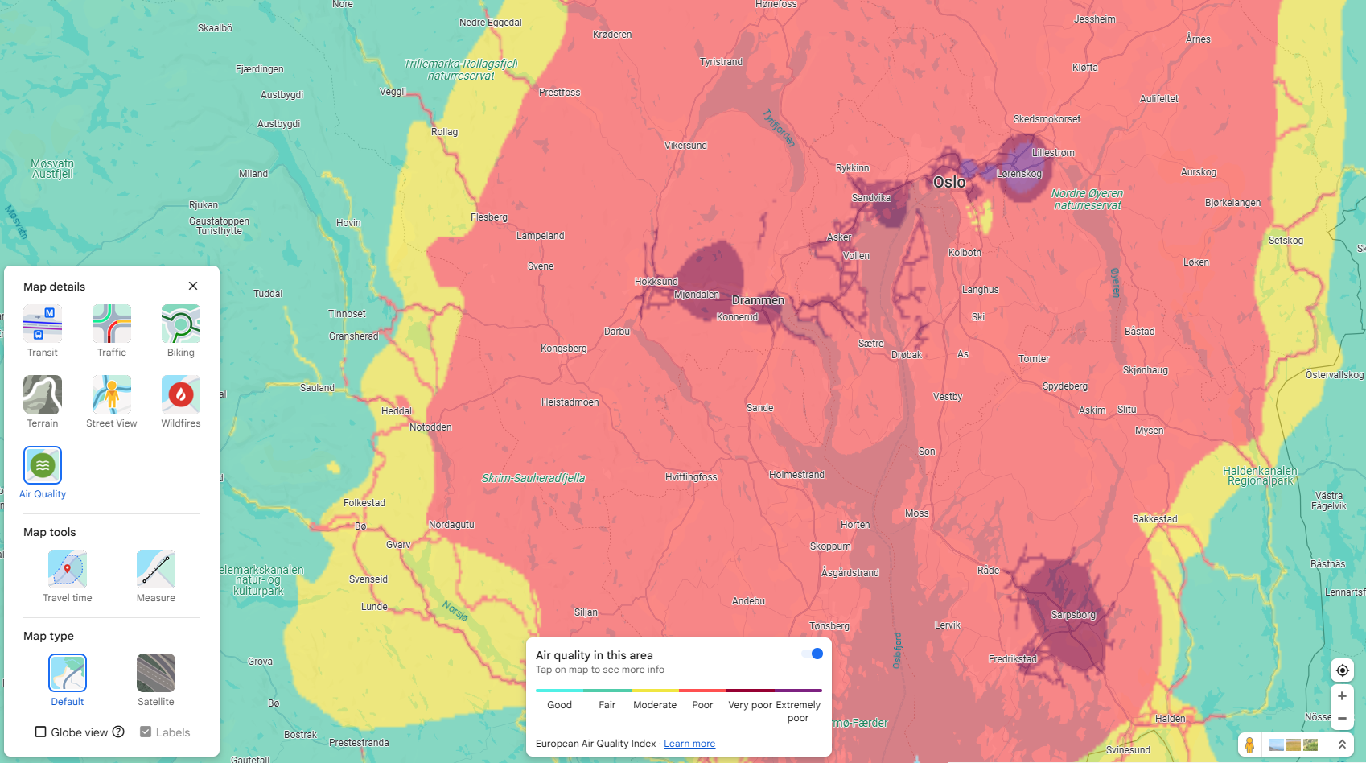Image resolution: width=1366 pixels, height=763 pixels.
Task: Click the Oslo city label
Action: tap(949, 183)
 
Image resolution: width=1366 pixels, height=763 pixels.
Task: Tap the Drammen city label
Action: tap(758, 300)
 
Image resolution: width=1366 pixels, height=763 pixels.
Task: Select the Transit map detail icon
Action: tap(43, 324)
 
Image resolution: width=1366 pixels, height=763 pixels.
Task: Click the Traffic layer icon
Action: tap(112, 324)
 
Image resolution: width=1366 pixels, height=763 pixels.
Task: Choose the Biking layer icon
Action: tap(181, 324)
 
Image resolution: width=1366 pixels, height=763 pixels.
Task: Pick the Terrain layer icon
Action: tap(43, 394)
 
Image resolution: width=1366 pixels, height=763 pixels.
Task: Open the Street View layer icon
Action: tap(112, 394)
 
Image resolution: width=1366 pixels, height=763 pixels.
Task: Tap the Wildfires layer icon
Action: tap(181, 394)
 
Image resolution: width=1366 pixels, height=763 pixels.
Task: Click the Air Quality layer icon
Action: tap(43, 465)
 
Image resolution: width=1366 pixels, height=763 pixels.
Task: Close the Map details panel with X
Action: tap(193, 286)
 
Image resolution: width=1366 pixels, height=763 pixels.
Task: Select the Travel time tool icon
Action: tap(68, 569)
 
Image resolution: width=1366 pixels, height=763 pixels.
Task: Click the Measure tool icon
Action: tap(156, 569)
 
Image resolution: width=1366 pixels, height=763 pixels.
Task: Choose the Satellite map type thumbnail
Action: tap(156, 673)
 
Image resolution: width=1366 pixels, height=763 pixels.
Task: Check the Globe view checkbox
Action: tap(40, 732)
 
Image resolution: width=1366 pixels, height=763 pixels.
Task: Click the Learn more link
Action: tap(689, 744)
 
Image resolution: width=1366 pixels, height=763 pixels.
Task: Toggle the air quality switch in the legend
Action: tap(813, 654)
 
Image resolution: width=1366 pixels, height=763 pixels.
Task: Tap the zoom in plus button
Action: tap(1342, 696)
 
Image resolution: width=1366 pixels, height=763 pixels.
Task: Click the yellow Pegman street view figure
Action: tap(1249, 744)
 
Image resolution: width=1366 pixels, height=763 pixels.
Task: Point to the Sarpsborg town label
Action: tap(1073, 615)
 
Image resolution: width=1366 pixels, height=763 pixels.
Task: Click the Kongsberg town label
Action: tap(563, 349)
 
